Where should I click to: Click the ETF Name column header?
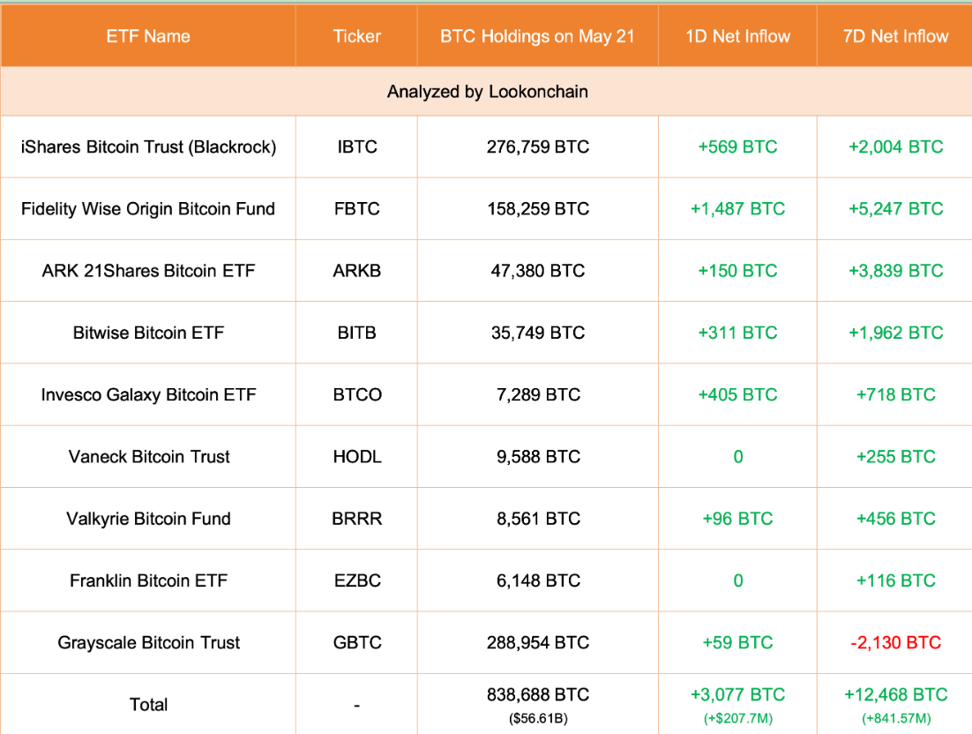(x=148, y=36)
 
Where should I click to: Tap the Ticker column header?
(x=357, y=36)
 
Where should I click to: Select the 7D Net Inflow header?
(x=895, y=36)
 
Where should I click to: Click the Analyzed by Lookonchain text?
(x=487, y=92)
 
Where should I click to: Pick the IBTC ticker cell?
(x=357, y=147)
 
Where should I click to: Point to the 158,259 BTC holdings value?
(x=538, y=209)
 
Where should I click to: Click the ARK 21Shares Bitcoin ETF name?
(x=148, y=271)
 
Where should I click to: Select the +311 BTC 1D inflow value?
(x=737, y=333)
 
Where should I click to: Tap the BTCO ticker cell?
(x=357, y=394)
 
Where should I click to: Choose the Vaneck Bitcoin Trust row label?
(x=149, y=457)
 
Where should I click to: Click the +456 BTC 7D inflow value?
(x=895, y=519)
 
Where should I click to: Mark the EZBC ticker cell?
(x=357, y=580)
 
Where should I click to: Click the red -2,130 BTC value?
(x=895, y=642)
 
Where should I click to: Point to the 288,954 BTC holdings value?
(x=538, y=642)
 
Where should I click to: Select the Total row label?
(x=148, y=704)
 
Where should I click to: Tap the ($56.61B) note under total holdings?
(x=538, y=718)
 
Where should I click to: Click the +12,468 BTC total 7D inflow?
(x=895, y=694)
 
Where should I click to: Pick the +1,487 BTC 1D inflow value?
(x=737, y=209)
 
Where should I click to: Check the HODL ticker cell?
(x=357, y=457)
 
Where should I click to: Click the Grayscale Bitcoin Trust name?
(x=148, y=642)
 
